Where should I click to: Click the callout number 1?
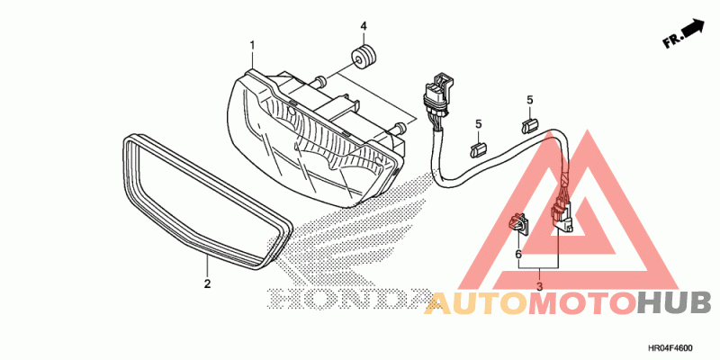pos(252,44)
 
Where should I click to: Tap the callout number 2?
pos(207,283)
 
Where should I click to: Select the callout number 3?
pos(539,286)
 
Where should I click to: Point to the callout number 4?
pos(364,24)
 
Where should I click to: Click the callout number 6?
pos(518,255)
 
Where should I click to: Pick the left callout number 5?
pos(480,123)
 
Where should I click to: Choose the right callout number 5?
pos(530,99)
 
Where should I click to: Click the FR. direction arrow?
pos(683,34)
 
